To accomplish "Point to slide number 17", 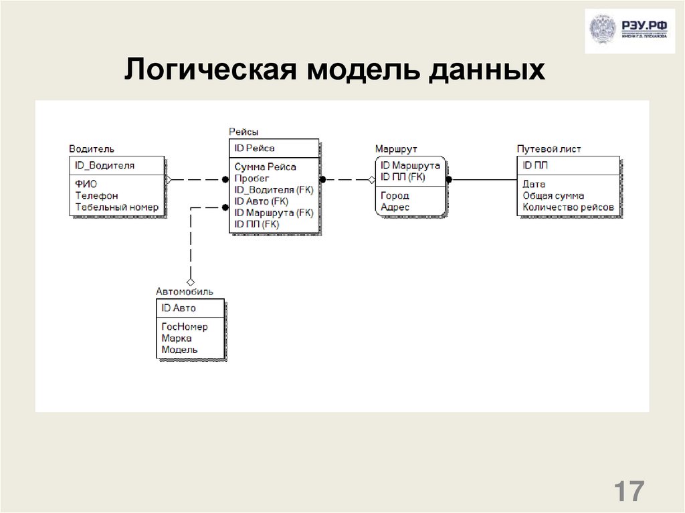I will tap(628, 491).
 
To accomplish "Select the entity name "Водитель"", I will tap(92, 148).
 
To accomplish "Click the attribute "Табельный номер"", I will tap(116, 207).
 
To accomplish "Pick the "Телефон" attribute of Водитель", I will tap(96, 196).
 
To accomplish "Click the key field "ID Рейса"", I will tap(254, 148).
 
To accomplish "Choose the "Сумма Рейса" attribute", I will tap(265, 167).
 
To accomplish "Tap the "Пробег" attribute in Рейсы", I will tap(252, 178).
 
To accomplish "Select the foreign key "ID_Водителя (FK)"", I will tap(273, 190).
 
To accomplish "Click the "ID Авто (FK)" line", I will tap(261, 201).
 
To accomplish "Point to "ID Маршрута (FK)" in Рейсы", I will tap(273, 213).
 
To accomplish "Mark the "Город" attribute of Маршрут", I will tap(395, 196).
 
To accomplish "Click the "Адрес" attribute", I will tap(395, 207).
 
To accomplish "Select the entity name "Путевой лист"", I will tap(549, 148).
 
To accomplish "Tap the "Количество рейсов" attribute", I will tap(568, 207).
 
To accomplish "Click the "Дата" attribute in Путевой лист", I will tap(534, 184).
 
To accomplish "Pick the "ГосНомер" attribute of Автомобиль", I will tap(185, 327).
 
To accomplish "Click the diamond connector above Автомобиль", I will tap(191, 282).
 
